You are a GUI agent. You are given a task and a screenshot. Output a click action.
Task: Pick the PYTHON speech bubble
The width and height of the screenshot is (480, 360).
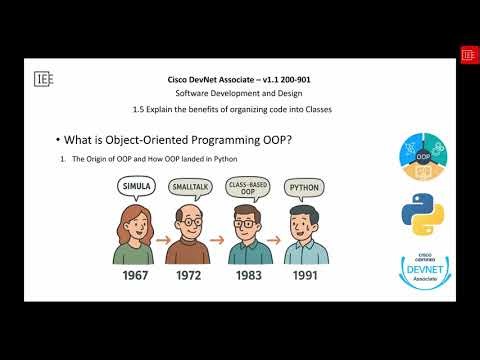(x=304, y=186)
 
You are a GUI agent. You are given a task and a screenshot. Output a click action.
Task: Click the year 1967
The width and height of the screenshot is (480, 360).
(x=139, y=273)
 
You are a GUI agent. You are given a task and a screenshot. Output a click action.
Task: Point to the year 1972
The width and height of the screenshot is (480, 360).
(x=194, y=273)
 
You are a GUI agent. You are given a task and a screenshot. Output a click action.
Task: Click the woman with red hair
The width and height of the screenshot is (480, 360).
(x=138, y=233)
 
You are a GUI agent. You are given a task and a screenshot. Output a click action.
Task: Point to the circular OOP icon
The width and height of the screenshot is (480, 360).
(x=423, y=160)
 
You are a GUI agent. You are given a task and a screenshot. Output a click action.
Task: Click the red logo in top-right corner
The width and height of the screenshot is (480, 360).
(x=467, y=54)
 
